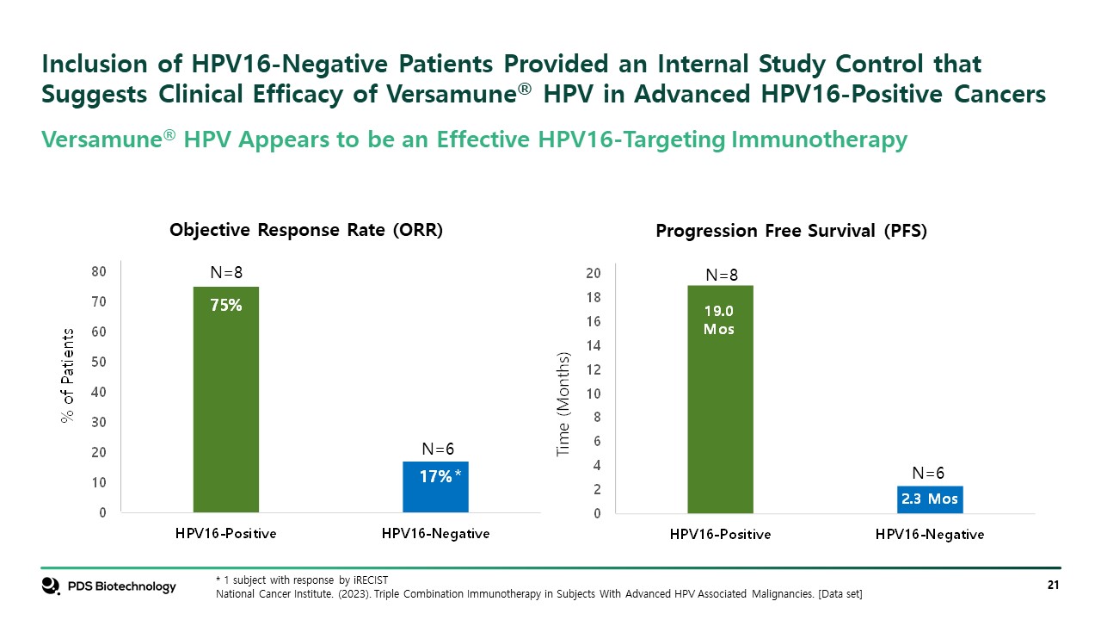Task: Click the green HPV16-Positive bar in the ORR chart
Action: pyautogui.click(x=225, y=400)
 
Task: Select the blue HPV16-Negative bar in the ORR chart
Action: pyautogui.click(x=435, y=487)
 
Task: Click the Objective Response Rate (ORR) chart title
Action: pyautogui.click(x=306, y=231)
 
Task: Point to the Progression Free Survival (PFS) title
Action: pyautogui.click(x=790, y=232)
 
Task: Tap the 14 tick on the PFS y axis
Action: pyautogui.click(x=593, y=345)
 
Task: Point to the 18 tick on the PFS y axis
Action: pyautogui.click(x=593, y=297)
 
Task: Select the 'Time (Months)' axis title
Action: pyautogui.click(x=563, y=404)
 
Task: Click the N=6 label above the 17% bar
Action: pyautogui.click(x=438, y=449)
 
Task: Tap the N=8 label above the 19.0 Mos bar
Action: pyautogui.click(x=722, y=276)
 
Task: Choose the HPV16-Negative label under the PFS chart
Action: pyautogui.click(x=929, y=535)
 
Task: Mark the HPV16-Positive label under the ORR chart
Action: pyautogui.click(x=225, y=534)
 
